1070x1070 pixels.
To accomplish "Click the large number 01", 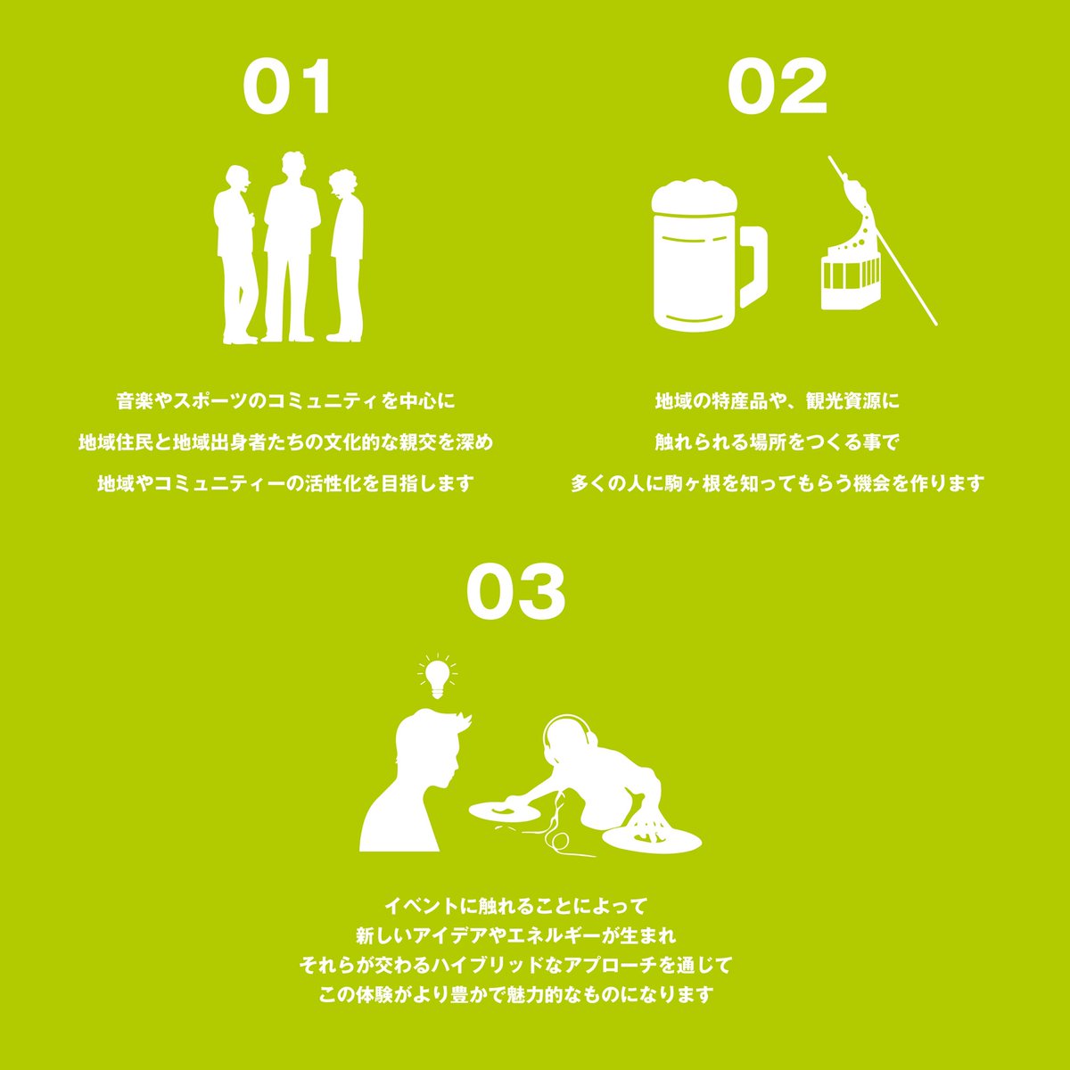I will (x=287, y=87).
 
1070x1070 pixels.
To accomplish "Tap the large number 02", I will (x=777, y=87).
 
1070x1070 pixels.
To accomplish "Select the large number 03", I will (x=515, y=593).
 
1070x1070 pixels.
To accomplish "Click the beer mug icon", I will (x=700, y=259).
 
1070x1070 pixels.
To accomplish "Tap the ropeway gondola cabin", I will (x=850, y=278).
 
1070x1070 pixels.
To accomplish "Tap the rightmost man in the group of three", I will (x=346, y=254).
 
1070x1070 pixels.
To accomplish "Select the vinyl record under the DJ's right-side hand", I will (x=651, y=839).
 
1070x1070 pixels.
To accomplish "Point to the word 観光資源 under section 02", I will (x=843, y=401).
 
